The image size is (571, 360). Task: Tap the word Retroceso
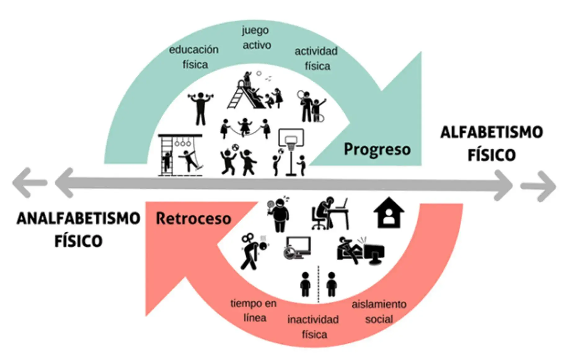tap(193, 218)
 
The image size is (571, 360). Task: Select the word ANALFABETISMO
tap(78, 218)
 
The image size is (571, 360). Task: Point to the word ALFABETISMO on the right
tap(492, 132)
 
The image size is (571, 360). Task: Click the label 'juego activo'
tap(256, 38)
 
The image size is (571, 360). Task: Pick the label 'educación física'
tap(194, 57)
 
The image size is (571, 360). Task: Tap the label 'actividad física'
tap(316, 58)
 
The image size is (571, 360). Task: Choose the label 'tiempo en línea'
tap(254, 310)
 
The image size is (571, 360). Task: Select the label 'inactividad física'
tap(313, 327)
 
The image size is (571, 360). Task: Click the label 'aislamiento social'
tap(379, 311)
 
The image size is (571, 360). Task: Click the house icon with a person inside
tap(389, 213)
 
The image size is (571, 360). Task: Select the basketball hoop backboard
tap(291, 137)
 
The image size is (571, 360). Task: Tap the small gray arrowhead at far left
tap(29, 183)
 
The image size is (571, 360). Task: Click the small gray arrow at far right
tap(538, 186)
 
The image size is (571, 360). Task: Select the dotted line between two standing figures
tap(318, 284)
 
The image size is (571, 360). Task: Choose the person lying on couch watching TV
tap(361, 250)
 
